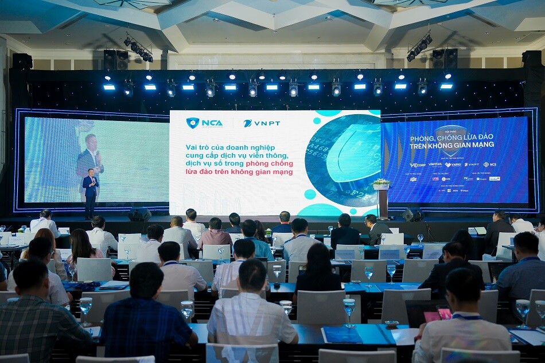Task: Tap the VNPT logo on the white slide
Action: pyautogui.click(x=262, y=123)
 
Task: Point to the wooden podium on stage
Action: pyautogui.click(x=383, y=202)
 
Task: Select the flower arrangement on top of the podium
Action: pyautogui.click(x=381, y=183)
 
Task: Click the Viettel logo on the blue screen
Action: pyautogui.click(x=435, y=165)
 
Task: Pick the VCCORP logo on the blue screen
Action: pyautogui.click(x=418, y=165)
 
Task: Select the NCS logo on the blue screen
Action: pyautogui.click(x=489, y=165)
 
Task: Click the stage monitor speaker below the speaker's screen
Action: pyautogui.click(x=139, y=214)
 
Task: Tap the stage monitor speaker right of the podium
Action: pyautogui.click(x=412, y=215)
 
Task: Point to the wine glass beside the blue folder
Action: pyautogui.click(x=349, y=310)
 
